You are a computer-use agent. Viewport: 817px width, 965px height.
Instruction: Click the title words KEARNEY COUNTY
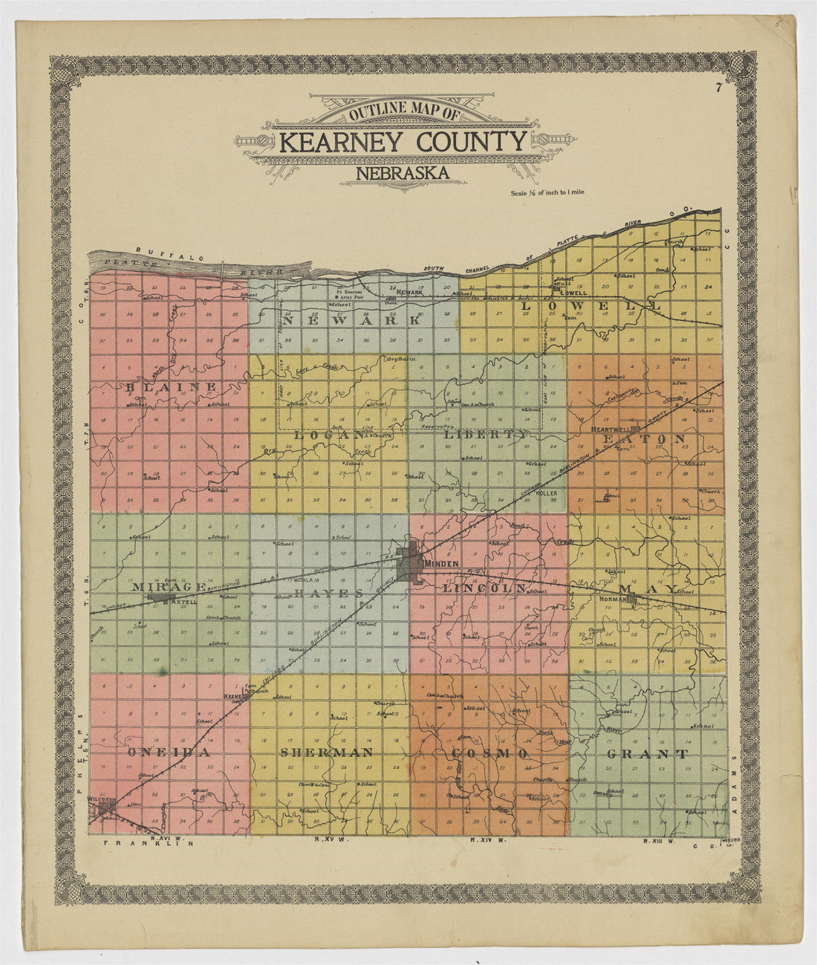(403, 141)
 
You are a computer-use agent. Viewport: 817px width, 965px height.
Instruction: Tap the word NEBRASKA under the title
(402, 174)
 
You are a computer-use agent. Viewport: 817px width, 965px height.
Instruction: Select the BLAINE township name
(171, 387)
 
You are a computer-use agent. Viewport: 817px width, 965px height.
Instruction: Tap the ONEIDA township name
(165, 753)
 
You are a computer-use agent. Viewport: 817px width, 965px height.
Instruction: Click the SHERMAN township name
(326, 753)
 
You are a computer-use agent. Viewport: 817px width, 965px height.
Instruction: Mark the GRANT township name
(647, 754)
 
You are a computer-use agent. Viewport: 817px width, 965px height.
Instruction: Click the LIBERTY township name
(486, 434)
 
